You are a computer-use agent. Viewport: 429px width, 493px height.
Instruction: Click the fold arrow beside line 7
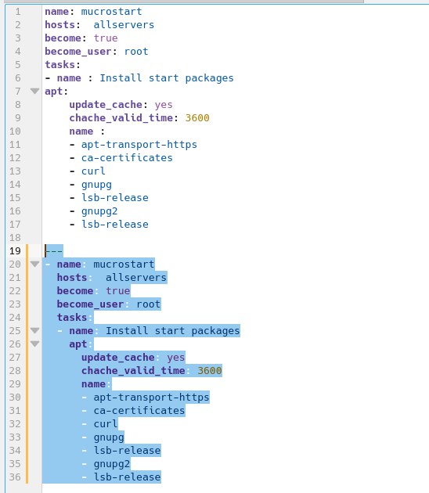pyautogui.click(x=34, y=92)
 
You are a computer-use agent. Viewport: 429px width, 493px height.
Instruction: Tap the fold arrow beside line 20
pyautogui.click(x=34, y=264)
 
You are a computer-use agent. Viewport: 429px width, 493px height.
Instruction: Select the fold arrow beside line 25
pyautogui.click(x=34, y=330)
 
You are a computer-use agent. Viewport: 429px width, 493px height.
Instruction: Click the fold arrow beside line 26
pyautogui.click(x=34, y=344)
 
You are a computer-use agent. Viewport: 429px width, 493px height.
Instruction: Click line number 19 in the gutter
pyautogui.click(x=15, y=251)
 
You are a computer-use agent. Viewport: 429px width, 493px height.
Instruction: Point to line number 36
pyautogui.click(x=15, y=477)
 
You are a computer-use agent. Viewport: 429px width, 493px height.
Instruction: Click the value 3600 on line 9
pyautogui.click(x=197, y=118)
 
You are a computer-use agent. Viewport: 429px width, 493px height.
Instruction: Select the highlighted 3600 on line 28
pyautogui.click(x=210, y=371)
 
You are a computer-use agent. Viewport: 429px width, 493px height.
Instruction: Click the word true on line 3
pyautogui.click(x=106, y=38)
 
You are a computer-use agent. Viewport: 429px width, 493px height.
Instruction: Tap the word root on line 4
pyautogui.click(x=136, y=51)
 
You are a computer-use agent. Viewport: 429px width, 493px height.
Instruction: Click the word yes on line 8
pyautogui.click(x=164, y=105)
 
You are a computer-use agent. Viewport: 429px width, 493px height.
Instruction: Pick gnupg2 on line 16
pyautogui.click(x=99, y=211)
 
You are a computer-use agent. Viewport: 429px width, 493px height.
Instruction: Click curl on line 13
pyautogui.click(x=93, y=171)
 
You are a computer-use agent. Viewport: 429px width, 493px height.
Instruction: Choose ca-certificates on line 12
pyautogui.click(x=127, y=158)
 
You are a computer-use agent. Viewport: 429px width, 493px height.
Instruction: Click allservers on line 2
pyautogui.click(x=124, y=25)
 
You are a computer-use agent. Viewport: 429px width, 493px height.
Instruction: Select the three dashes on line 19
pyautogui.click(x=54, y=251)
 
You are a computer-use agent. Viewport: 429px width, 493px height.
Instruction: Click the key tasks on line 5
pyautogui.click(x=59, y=65)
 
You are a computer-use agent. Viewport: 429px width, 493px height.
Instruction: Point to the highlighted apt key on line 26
pyautogui.click(x=78, y=344)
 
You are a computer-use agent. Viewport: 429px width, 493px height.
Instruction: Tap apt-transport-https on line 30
pyautogui.click(x=151, y=397)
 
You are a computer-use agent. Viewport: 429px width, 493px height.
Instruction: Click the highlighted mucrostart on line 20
pyautogui.click(x=124, y=264)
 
